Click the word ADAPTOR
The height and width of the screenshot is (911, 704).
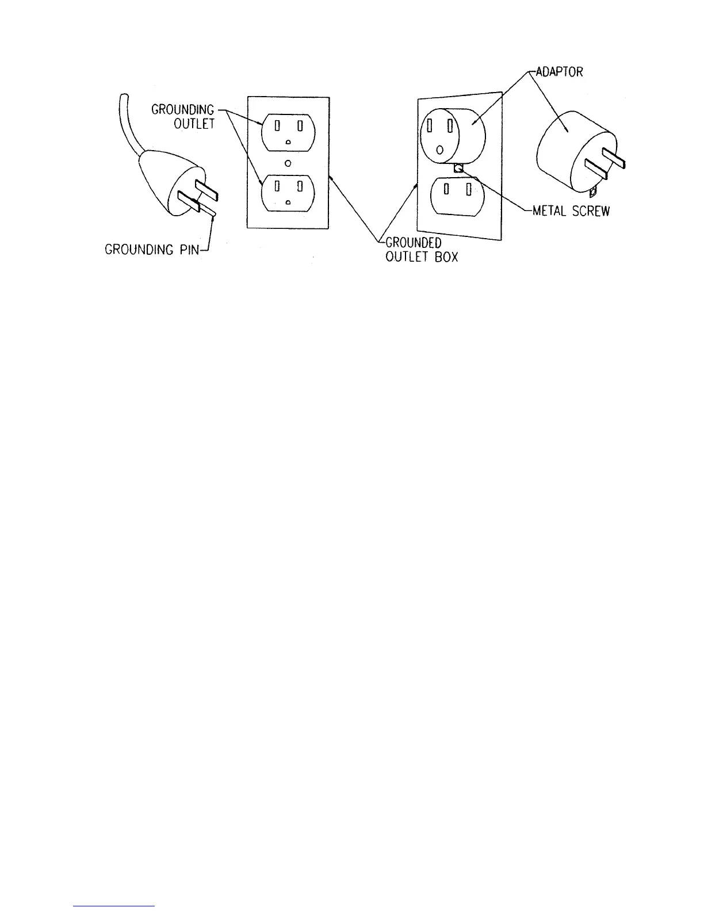pos(559,73)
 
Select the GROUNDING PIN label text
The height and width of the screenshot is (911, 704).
pos(155,250)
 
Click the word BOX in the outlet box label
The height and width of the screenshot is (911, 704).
pos(446,257)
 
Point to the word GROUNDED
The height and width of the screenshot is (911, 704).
pos(413,244)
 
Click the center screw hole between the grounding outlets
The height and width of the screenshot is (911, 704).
pos(288,163)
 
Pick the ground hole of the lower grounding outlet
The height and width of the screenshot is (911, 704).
pos(288,203)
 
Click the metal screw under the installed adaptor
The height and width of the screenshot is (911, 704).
pos(459,168)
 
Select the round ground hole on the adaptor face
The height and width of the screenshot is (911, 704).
pos(439,150)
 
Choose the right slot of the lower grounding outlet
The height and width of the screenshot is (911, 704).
pos(300,186)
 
